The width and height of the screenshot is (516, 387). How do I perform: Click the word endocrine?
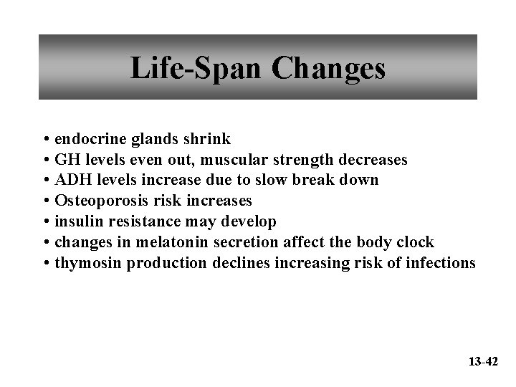tap(88, 138)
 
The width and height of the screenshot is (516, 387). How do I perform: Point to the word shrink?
tap(207, 138)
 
